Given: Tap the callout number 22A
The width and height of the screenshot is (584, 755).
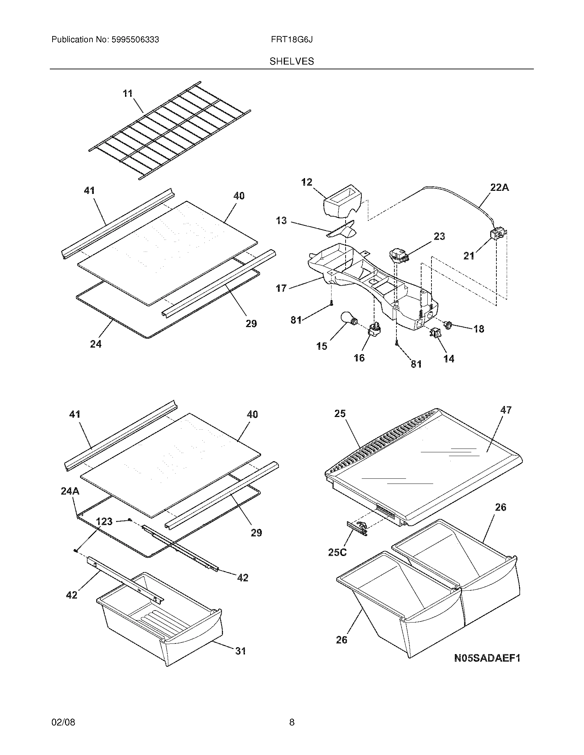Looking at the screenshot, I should [499, 188].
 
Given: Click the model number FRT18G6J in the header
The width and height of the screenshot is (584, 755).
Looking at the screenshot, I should [292, 40].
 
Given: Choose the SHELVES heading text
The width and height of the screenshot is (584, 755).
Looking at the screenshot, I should [292, 61].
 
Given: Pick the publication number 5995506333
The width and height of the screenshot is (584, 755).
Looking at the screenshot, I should [135, 40].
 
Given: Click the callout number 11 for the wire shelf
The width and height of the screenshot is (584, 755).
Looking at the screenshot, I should [128, 94].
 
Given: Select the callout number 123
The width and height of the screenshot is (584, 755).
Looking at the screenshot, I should [104, 521].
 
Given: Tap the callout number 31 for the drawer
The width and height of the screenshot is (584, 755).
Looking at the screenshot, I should [240, 651].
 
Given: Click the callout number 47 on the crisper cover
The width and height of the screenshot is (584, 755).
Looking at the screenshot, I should [506, 410].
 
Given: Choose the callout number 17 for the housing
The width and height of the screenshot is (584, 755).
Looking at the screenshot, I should [281, 288].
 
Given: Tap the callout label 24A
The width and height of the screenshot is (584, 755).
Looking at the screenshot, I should [70, 491].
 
